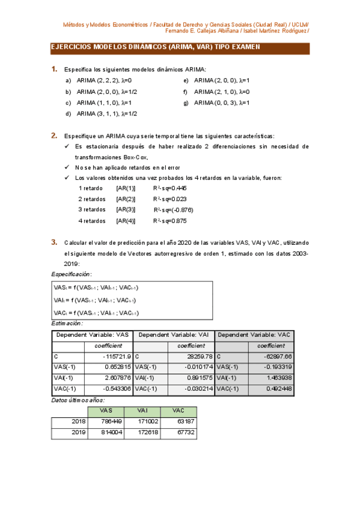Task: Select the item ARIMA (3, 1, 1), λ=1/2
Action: click(107, 114)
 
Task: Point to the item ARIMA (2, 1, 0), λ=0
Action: click(221, 91)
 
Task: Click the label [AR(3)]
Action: click(126, 209)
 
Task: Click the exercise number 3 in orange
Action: click(54, 242)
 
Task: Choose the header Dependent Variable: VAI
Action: click(174, 334)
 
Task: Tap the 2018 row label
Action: click(78, 421)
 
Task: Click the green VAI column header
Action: click(143, 410)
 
